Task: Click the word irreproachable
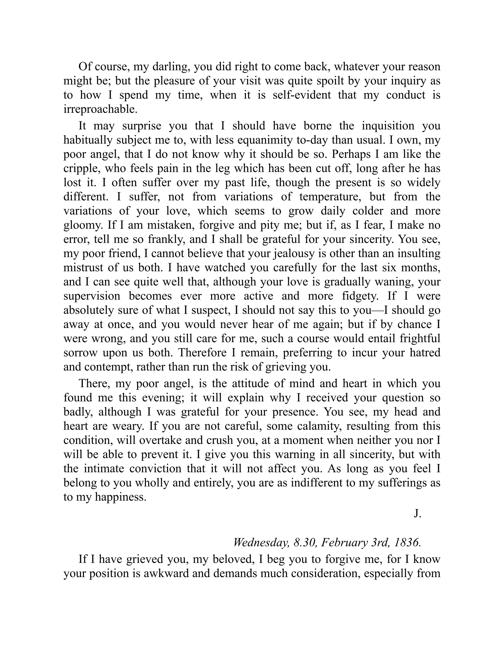(100, 109)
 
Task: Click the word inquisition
(388, 126)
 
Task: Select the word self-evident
(301, 95)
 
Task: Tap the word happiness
(121, 497)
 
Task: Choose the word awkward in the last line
(166, 573)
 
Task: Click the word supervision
(92, 296)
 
